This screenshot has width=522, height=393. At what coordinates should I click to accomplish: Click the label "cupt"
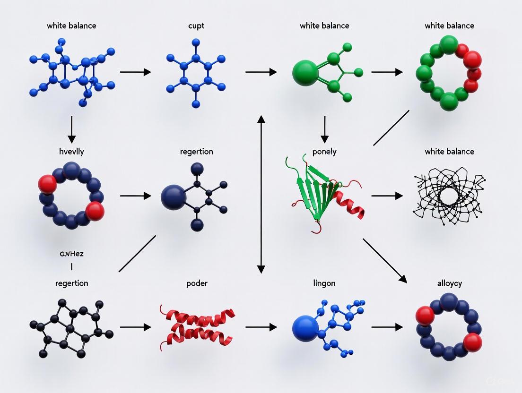tap(196, 26)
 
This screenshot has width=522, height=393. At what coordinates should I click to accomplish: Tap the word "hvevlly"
tap(71, 152)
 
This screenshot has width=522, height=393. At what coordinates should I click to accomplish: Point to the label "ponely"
tap(324, 152)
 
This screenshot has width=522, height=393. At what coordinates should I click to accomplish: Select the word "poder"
tap(197, 283)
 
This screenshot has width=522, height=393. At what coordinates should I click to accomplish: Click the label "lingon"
tap(324, 283)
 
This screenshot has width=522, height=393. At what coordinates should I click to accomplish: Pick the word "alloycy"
tap(450, 283)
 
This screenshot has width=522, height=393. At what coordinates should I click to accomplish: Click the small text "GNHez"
tap(72, 254)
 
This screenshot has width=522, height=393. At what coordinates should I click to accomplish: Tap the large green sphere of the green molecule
tap(305, 73)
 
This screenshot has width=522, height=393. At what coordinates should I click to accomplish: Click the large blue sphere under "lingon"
tap(305, 328)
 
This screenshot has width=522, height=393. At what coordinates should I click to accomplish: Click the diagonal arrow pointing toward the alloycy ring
tap(384, 260)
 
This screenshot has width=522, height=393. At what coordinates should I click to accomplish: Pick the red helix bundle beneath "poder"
tap(197, 327)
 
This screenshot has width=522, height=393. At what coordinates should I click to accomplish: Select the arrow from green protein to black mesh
tap(387, 196)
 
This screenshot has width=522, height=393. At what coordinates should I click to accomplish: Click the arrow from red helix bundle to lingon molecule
tap(261, 327)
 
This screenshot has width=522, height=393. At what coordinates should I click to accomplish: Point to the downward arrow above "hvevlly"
tap(71, 129)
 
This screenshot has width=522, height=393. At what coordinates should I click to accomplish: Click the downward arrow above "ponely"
tap(324, 129)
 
